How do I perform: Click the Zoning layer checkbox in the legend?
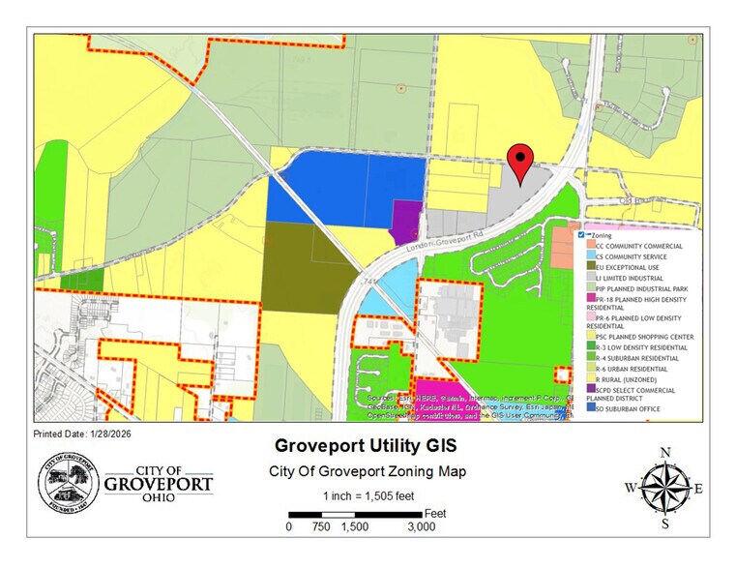coord(580,235)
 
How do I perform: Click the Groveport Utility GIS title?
coord(365,447)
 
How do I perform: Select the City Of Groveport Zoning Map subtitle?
coord(366,471)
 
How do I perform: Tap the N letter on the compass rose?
coord(664,452)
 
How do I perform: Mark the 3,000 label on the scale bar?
coord(421,527)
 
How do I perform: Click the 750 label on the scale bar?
coord(321,527)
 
